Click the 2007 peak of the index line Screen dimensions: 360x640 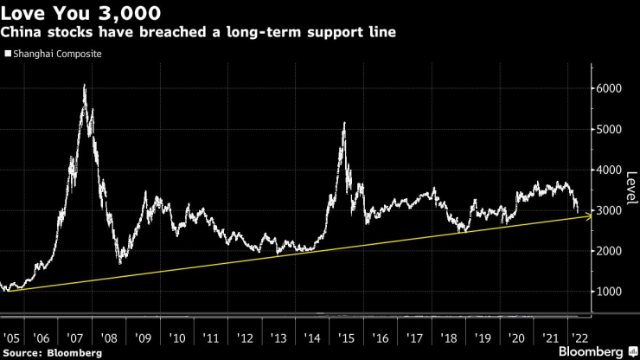[84, 85]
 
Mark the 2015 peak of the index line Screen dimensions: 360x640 [345, 123]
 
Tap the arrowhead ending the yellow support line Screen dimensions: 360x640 [588, 216]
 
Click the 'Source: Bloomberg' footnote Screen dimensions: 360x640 [51, 352]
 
